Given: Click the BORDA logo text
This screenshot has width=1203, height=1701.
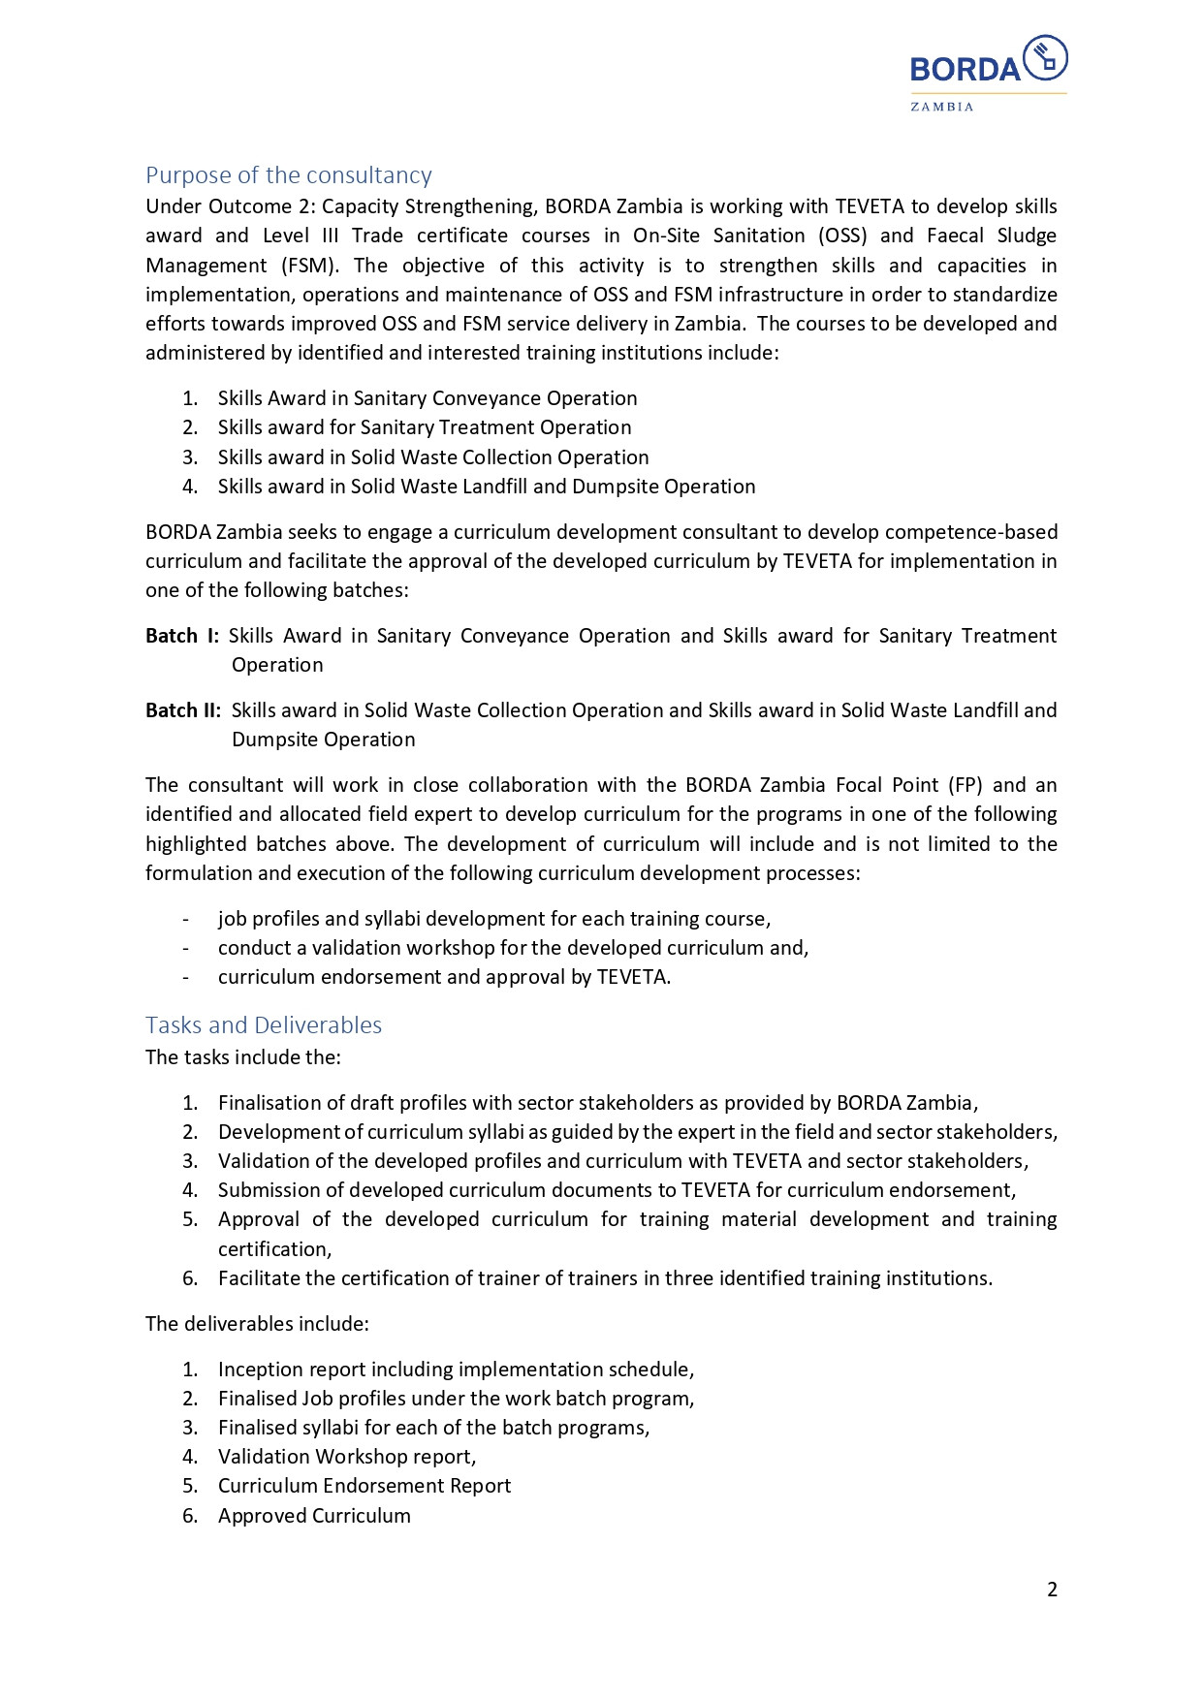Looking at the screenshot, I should (x=965, y=70).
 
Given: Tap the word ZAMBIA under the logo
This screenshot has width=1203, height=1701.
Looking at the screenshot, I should (x=941, y=107).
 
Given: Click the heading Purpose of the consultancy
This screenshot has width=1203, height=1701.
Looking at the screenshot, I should (x=289, y=175).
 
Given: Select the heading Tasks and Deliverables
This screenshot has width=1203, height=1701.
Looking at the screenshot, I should (x=264, y=1025).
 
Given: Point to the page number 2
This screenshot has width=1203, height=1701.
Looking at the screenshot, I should (x=1052, y=1590).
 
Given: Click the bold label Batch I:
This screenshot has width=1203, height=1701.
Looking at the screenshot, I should (x=182, y=636).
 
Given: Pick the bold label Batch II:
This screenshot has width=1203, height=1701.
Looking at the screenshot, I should (x=183, y=710).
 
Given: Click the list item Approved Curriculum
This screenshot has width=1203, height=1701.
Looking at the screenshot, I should (x=314, y=1516).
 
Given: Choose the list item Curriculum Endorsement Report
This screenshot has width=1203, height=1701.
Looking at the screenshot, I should (x=364, y=1486).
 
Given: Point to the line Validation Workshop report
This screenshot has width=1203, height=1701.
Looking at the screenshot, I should (x=347, y=1457).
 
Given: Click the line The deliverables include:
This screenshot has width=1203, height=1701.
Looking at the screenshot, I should (x=257, y=1324).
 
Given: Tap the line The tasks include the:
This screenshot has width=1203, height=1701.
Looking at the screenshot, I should (x=243, y=1057).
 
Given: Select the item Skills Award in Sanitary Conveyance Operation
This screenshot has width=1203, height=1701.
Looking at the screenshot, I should (x=427, y=398).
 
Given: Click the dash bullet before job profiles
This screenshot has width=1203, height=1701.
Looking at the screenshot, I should (x=186, y=919).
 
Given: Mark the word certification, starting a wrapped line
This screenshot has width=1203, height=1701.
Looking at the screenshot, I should (x=275, y=1249).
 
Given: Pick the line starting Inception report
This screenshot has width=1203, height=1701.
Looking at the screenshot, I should (x=456, y=1370).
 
